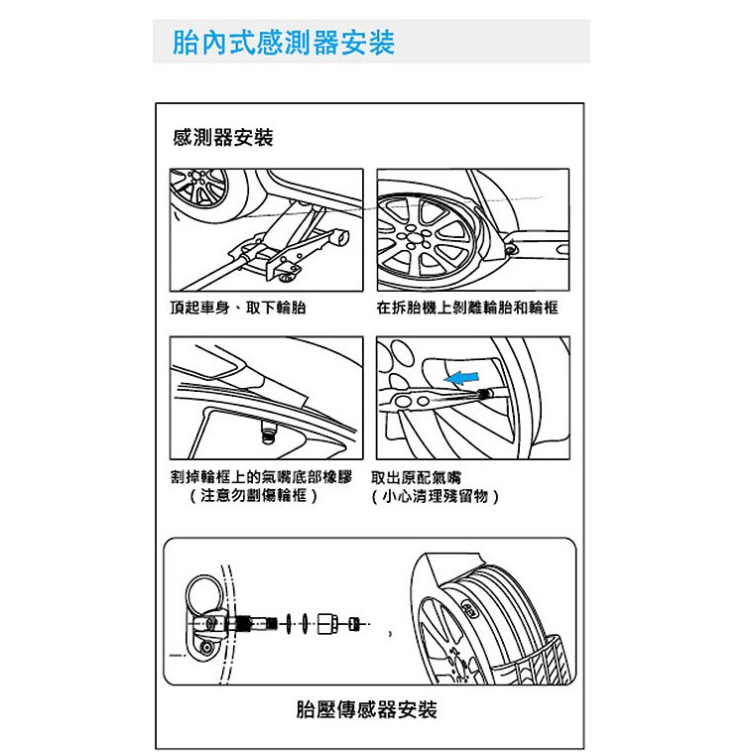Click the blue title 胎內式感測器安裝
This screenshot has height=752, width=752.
284,43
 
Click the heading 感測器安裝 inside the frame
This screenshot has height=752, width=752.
223,138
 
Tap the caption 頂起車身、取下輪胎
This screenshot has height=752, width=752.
238,308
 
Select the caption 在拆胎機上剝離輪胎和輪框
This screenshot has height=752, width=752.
467,308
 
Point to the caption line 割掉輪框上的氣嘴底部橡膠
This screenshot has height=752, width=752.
262,477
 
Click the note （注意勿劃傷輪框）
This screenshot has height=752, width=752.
254,495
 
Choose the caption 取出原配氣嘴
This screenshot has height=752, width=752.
417,477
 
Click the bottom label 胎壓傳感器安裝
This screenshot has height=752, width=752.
367,709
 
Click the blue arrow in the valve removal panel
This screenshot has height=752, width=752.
461,378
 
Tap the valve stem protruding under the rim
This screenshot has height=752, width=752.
268,432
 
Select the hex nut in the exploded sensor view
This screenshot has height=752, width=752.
328,623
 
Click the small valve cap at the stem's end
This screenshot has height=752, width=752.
354,624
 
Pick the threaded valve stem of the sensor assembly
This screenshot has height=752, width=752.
256,623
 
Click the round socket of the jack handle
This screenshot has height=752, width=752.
341,236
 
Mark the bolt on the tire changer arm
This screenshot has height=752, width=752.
512,249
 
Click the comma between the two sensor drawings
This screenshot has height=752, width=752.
391,633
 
